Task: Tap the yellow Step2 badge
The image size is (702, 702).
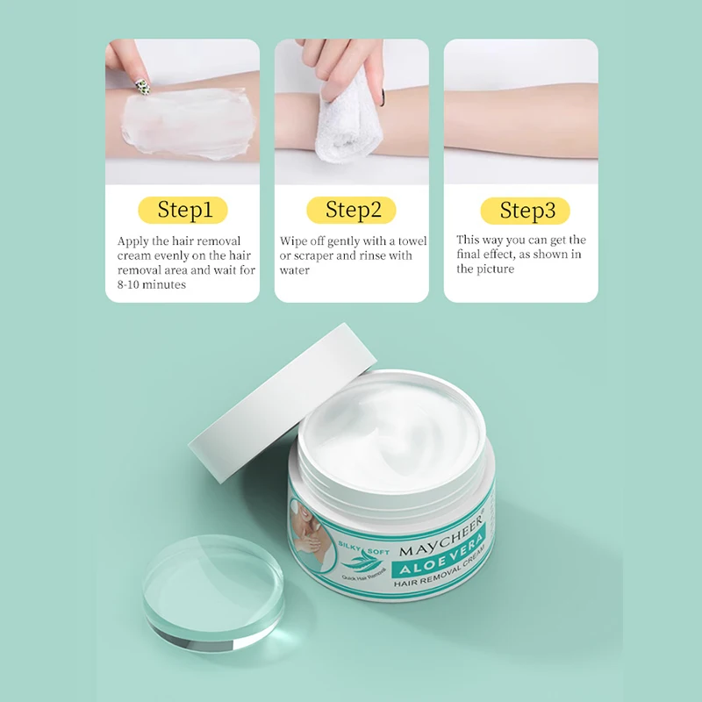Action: click(x=351, y=211)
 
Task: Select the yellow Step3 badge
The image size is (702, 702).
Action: click(x=525, y=211)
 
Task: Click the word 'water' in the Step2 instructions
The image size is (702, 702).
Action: click(x=295, y=270)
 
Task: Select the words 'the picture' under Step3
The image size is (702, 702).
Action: click(x=485, y=269)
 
